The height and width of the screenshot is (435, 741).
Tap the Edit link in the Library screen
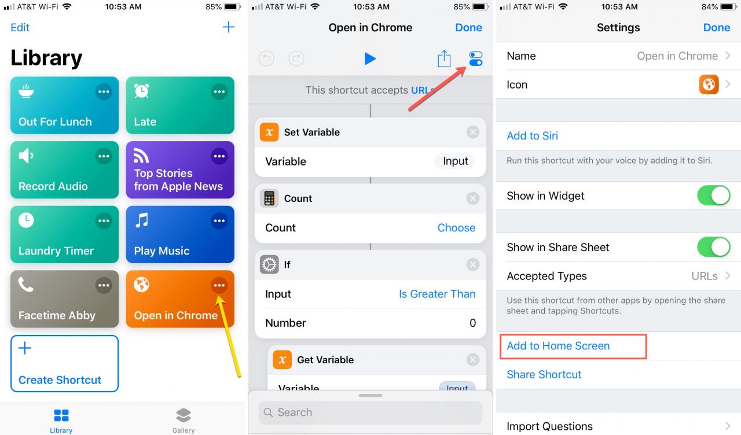[x=20, y=27]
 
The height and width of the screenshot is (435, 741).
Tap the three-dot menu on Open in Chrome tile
[x=219, y=285]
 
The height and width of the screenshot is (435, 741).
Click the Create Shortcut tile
[x=64, y=364]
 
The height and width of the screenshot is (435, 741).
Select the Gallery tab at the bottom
[x=184, y=420]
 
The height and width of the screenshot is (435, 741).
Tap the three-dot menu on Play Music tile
[x=219, y=221]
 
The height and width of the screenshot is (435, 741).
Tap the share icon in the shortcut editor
[x=444, y=59]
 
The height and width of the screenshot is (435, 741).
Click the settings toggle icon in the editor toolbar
[x=476, y=59]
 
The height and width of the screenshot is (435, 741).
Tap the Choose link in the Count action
[x=456, y=228]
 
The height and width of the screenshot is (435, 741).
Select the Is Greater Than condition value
[x=437, y=294]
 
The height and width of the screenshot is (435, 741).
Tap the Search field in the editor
[x=370, y=412]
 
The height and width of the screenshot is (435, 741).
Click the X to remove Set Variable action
[x=473, y=132]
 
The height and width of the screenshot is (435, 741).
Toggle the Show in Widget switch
[x=714, y=196]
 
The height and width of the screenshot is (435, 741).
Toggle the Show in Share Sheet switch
[x=714, y=247]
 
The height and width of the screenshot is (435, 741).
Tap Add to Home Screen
[x=558, y=346]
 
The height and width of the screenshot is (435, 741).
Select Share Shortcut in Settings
[x=544, y=374]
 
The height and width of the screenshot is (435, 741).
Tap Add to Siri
[x=532, y=135]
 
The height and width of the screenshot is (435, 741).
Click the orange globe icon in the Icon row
[x=709, y=84]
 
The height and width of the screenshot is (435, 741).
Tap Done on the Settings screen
[x=717, y=27]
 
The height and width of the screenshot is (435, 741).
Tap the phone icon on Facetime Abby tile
[x=26, y=285]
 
